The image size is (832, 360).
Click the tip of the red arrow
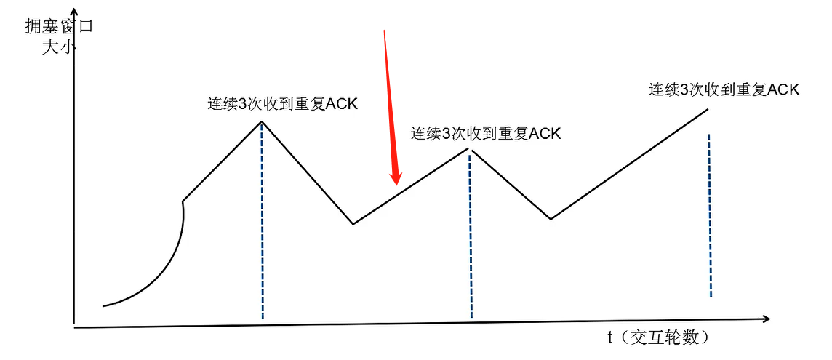click(x=396, y=183)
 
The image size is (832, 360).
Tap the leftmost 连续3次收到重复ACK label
click(x=283, y=103)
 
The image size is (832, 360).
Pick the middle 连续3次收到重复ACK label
click(x=486, y=134)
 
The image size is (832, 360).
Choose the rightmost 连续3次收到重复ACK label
click(x=724, y=89)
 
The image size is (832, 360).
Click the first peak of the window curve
click(x=261, y=121)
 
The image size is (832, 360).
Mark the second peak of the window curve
click(x=470, y=150)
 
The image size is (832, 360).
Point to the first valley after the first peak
click(x=353, y=223)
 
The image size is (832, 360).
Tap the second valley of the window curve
click(x=551, y=218)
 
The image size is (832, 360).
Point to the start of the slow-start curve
click(x=104, y=305)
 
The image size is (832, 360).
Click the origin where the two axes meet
click(x=74, y=325)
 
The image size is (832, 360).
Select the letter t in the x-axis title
click(x=610, y=337)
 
